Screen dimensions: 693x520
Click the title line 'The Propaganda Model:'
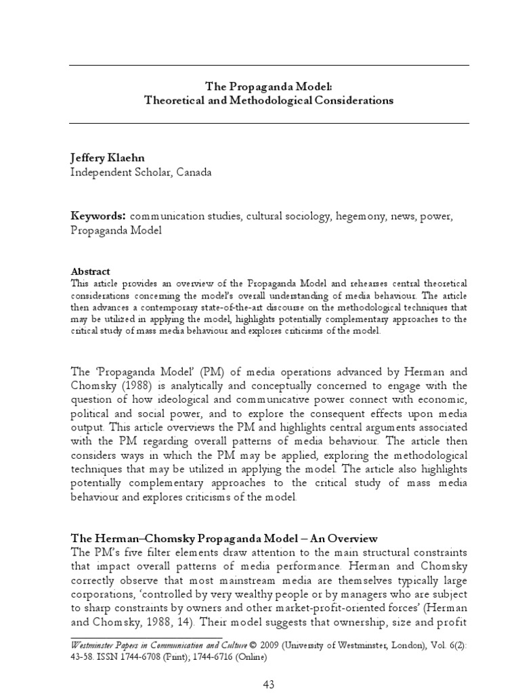[269, 87]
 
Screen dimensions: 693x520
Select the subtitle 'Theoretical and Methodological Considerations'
[269, 100]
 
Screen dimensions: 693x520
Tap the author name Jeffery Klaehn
[111, 158]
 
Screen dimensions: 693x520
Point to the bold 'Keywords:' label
[99, 216]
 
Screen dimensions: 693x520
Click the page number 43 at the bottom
[269, 684]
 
